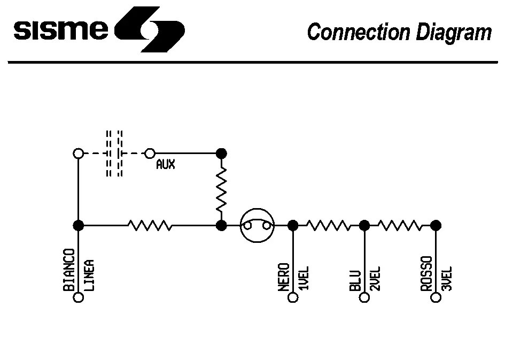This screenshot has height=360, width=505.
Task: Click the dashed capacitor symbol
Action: (x=114, y=154)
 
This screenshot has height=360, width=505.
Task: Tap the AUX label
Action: (x=166, y=165)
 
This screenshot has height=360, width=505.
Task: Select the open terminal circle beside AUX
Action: (x=150, y=154)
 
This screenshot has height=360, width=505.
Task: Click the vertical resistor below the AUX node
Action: (x=221, y=189)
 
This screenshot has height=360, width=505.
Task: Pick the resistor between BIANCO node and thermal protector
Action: (x=150, y=226)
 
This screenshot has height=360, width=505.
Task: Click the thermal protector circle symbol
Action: (x=257, y=226)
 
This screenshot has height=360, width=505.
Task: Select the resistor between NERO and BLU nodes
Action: (x=328, y=226)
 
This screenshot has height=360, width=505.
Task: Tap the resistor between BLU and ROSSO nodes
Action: (x=400, y=226)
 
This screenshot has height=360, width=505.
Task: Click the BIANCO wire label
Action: (x=68, y=270)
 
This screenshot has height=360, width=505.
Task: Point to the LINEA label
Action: (x=90, y=275)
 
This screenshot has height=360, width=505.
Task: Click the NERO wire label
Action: (x=283, y=277)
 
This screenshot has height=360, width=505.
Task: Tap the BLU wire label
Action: (x=355, y=280)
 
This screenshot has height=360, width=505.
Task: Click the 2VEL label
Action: (x=376, y=278)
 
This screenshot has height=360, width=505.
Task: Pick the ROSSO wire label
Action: (x=426, y=275)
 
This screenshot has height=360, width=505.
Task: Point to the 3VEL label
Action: (x=447, y=278)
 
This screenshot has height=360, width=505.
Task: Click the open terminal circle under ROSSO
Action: (x=436, y=297)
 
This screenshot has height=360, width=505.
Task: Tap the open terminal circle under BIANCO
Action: (x=79, y=297)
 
